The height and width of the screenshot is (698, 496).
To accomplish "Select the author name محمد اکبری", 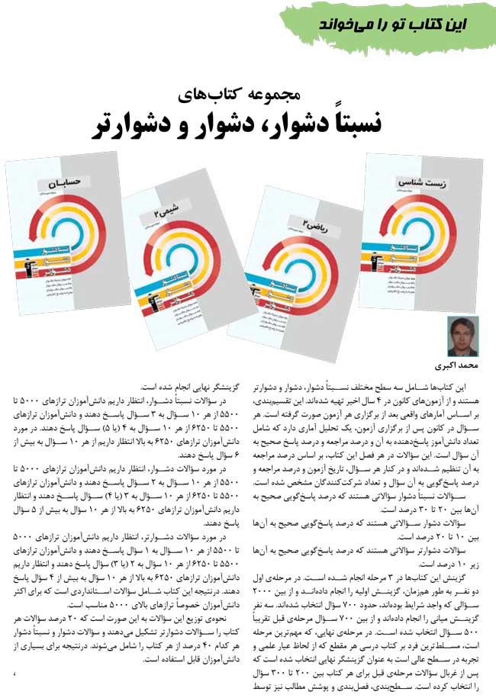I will tap(457, 365).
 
